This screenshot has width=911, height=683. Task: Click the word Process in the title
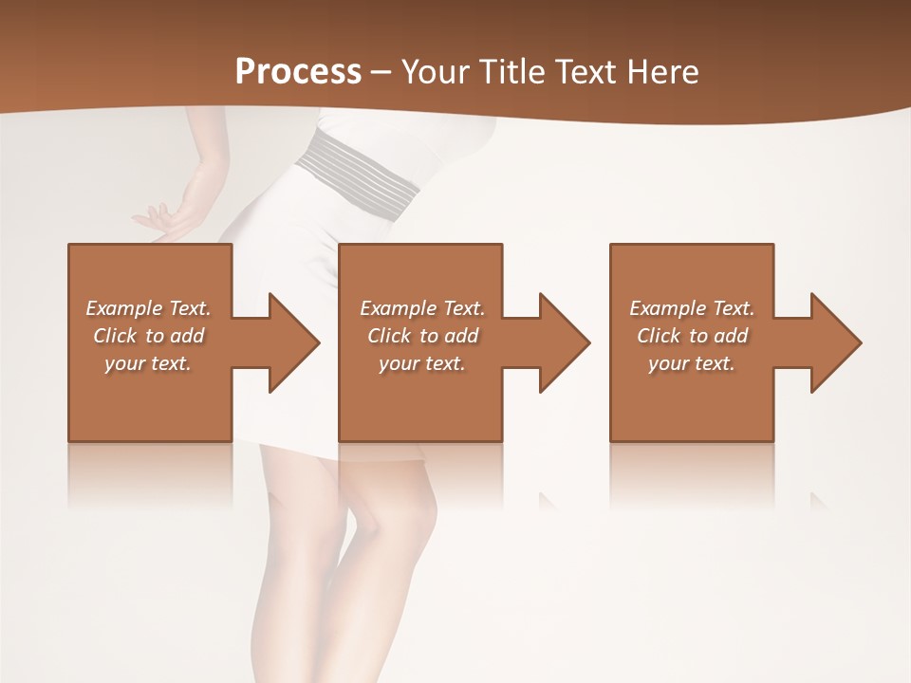(x=298, y=72)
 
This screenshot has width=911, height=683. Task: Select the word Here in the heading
(x=662, y=72)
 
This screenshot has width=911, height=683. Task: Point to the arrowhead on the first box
(x=294, y=342)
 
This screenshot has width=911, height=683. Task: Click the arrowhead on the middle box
(x=565, y=342)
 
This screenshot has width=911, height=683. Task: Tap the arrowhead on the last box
(x=836, y=342)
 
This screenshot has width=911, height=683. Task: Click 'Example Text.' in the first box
(x=149, y=308)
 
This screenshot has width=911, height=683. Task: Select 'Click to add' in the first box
(x=149, y=336)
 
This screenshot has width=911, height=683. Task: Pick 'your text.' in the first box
(x=149, y=363)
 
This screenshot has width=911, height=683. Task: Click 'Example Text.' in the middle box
(x=422, y=308)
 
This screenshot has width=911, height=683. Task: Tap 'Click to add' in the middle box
(x=422, y=336)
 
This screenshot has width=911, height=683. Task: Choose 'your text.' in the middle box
(x=422, y=363)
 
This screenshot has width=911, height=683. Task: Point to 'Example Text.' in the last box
(x=692, y=308)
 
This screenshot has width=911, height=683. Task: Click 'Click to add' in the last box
(x=692, y=336)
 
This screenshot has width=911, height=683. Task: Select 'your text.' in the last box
(x=692, y=363)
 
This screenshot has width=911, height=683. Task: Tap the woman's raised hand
(x=167, y=218)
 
